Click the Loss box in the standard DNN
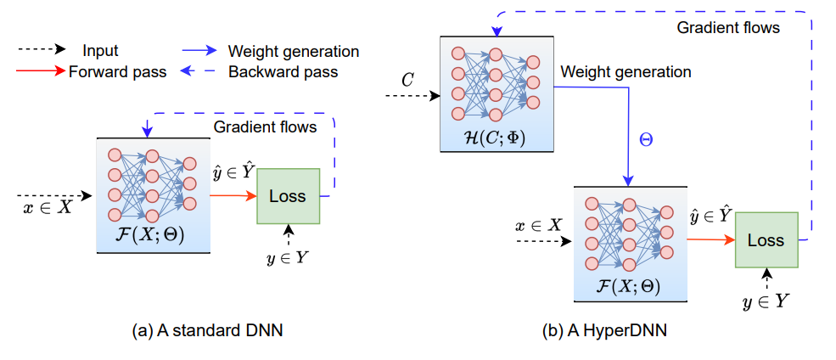point(288,196)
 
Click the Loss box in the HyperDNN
point(766,240)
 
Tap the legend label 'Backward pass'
point(283,72)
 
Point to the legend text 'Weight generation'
point(294,52)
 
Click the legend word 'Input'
point(101,52)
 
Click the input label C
point(407,81)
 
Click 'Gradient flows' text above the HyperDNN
point(727,28)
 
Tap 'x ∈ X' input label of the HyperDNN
point(538,225)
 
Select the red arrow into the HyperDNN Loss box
point(710,240)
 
